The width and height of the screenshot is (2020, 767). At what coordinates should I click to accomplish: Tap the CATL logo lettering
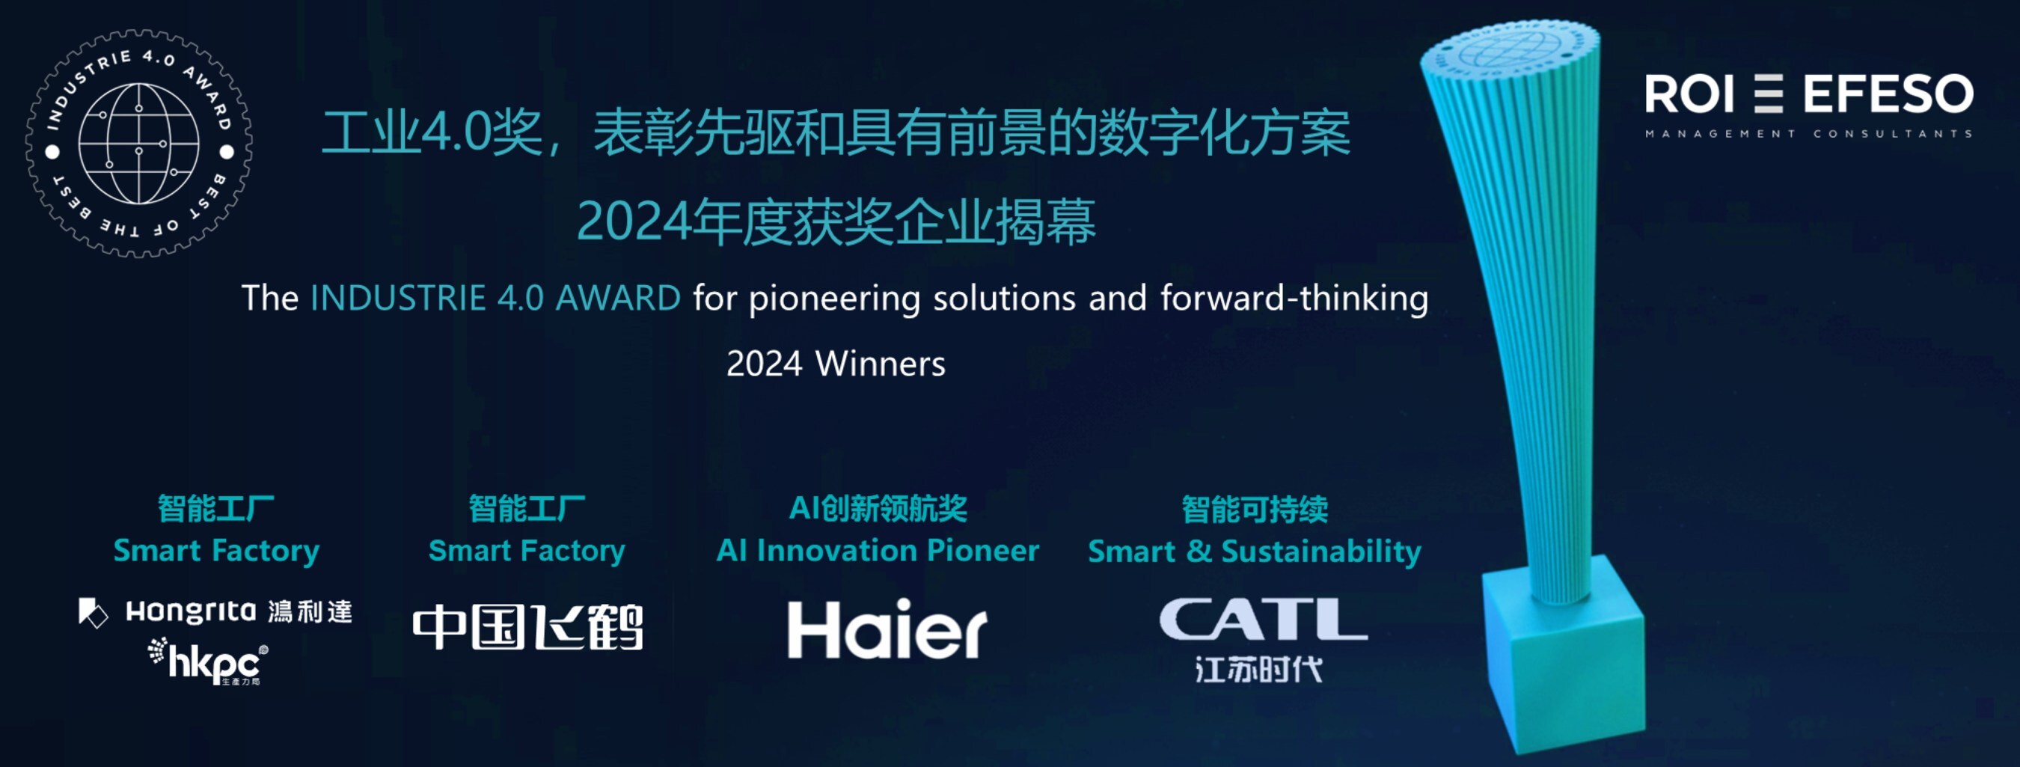pyautogui.click(x=1264, y=620)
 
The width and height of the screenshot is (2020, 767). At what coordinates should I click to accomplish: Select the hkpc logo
pyautogui.click(x=209, y=662)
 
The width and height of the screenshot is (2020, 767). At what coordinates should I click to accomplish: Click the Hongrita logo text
pyautogui.click(x=191, y=611)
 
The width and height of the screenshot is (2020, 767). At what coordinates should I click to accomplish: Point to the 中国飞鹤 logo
pyautogui.click(x=527, y=627)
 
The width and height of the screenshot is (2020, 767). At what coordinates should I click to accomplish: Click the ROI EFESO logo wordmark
pyautogui.click(x=1809, y=94)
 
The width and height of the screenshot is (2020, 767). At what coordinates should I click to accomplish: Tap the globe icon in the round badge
pyautogui.click(x=139, y=144)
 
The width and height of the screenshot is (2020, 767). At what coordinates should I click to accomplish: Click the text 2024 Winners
pyautogui.click(x=836, y=364)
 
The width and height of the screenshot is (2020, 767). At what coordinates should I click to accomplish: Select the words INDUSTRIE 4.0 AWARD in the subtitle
pyautogui.click(x=495, y=298)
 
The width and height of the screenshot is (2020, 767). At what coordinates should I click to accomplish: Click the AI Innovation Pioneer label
pyautogui.click(x=878, y=551)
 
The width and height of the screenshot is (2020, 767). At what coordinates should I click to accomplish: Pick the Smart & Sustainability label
pyautogui.click(x=1255, y=551)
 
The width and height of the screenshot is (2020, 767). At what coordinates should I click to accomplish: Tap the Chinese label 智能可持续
pyautogui.click(x=1255, y=509)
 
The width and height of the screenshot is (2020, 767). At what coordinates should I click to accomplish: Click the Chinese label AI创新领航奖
pyautogui.click(x=878, y=508)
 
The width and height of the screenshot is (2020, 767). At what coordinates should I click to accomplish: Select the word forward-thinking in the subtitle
pyautogui.click(x=1294, y=299)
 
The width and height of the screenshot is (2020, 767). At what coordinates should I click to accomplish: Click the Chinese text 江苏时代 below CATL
pyautogui.click(x=1259, y=669)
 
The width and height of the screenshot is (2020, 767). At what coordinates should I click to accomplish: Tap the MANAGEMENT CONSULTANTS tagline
pyautogui.click(x=1809, y=134)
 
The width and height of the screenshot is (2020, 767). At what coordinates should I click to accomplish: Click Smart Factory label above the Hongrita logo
pyautogui.click(x=216, y=551)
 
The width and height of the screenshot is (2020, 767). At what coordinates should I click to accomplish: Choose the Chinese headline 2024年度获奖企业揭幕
pyautogui.click(x=836, y=222)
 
